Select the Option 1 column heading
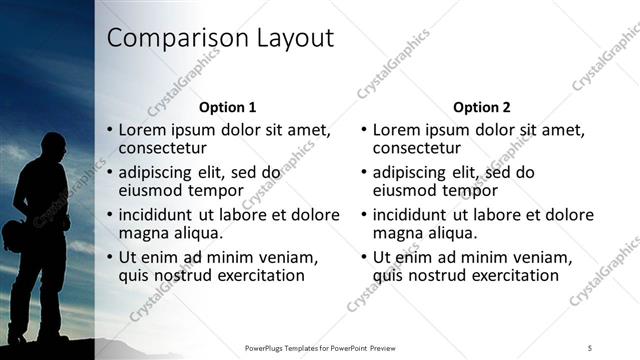[228, 107]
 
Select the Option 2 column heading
[481, 107]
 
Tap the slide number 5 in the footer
[590, 347]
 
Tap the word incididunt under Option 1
[160, 215]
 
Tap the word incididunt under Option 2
[414, 215]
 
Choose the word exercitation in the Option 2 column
[511, 275]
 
